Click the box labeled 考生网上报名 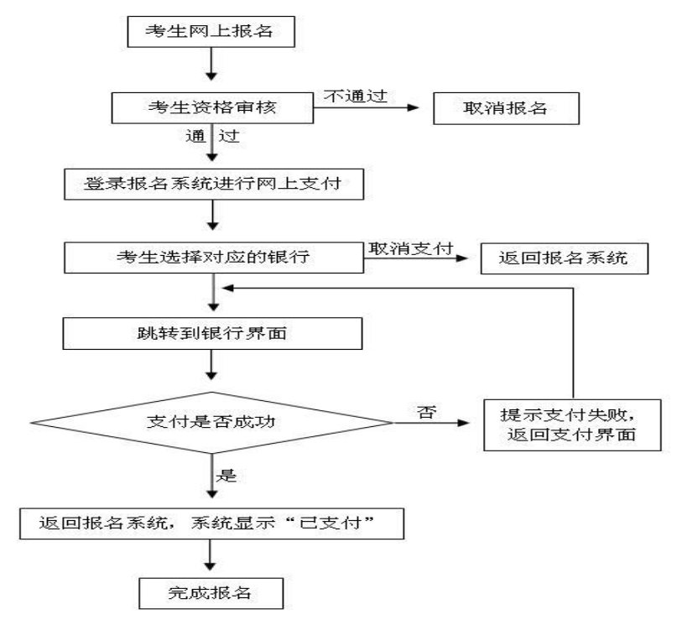point(211,31)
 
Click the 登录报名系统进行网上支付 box point(215,184)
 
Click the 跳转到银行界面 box point(213,333)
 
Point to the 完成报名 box point(211,592)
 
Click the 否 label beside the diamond point(424,411)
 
